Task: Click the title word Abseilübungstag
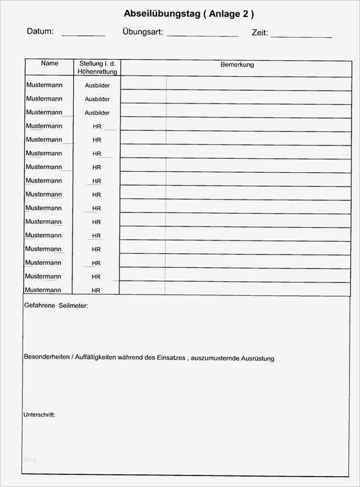[x=161, y=13]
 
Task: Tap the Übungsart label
[x=142, y=32]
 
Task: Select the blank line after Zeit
[x=301, y=35]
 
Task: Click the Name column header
[x=50, y=63]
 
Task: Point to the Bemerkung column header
[x=237, y=65]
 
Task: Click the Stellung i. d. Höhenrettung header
[x=97, y=68]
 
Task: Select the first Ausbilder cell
[x=97, y=86]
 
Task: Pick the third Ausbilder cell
[x=97, y=113]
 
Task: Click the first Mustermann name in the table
[x=44, y=85]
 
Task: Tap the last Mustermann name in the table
[x=44, y=290]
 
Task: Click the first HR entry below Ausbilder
[x=97, y=127]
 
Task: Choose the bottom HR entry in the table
[x=97, y=291]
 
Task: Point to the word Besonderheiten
[x=46, y=357]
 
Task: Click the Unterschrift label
[x=39, y=415]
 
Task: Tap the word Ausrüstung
[x=258, y=358]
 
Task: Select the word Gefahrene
[x=40, y=306]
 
